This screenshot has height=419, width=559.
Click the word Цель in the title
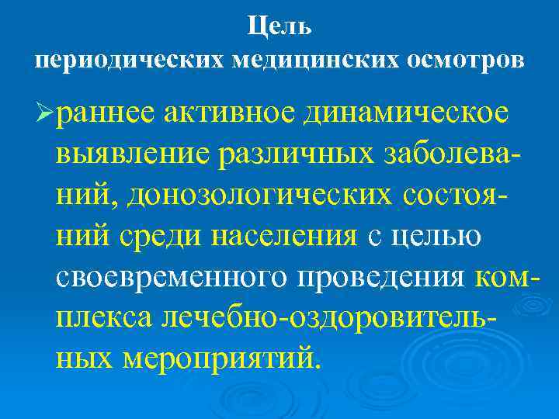coord(279,26)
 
